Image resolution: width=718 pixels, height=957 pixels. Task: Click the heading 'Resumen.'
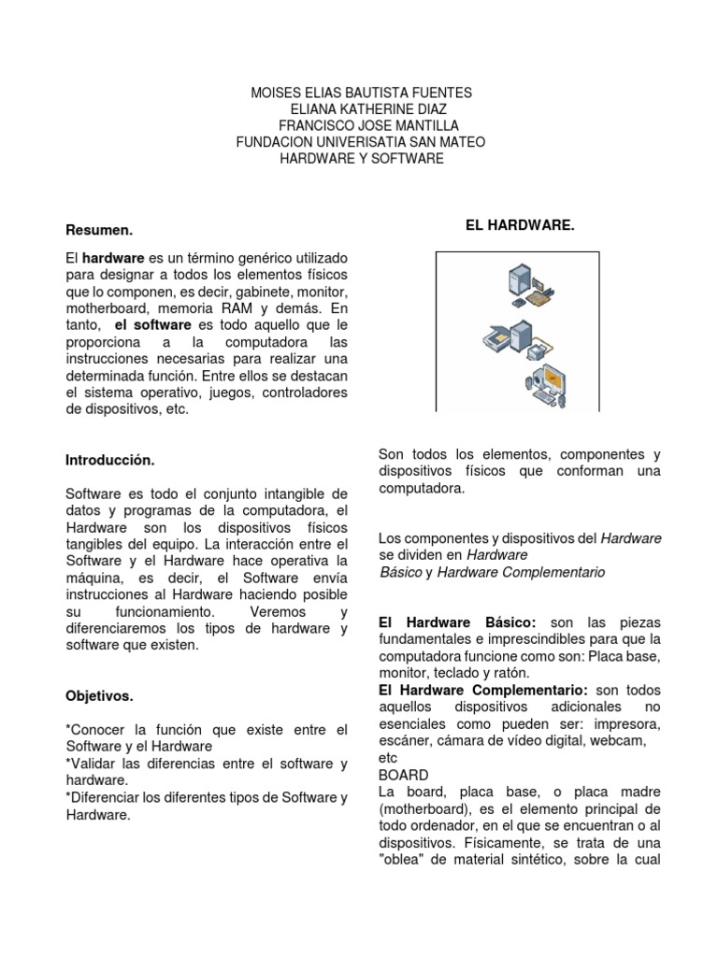tap(99, 230)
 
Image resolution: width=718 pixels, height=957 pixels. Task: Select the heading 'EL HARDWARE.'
tap(520, 226)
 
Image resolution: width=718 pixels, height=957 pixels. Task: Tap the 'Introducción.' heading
tap(109, 461)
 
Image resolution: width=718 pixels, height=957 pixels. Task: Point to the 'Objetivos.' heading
tap(99, 697)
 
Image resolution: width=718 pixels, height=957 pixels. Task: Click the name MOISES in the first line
tap(280, 93)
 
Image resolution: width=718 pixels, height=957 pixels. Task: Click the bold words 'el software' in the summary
tap(151, 324)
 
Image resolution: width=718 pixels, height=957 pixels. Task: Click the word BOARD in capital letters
tap(404, 776)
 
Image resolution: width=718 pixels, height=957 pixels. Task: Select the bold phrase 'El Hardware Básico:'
tap(456, 622)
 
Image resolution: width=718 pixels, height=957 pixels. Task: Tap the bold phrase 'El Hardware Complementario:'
tap(482, 690)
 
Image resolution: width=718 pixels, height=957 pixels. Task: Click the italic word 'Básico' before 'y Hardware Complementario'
tap(400, 572)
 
